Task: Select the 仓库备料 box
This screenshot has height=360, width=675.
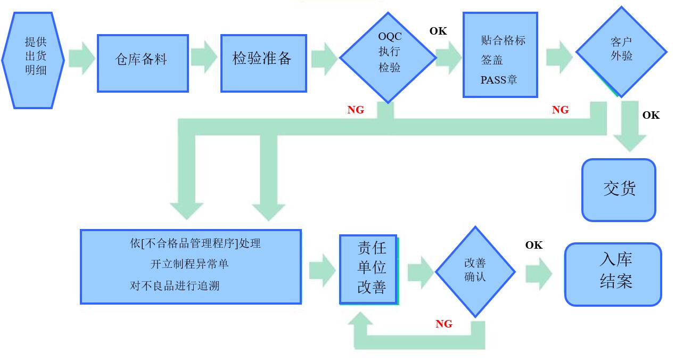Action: [143, 63]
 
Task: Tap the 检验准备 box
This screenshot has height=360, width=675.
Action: [264, 63]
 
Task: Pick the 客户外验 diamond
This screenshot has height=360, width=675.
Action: [621, 51]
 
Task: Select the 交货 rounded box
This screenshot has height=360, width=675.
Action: [619, 190]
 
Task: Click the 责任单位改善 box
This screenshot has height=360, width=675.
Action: [369, 269]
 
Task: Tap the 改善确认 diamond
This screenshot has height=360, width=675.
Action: [475, 271]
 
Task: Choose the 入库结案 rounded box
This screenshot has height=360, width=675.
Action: [613, 274]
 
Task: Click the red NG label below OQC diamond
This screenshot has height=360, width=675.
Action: [356, 110]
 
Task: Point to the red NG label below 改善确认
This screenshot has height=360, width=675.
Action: [443, 324]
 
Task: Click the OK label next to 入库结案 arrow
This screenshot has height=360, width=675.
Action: [533, 245]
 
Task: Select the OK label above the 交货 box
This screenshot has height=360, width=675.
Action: [651, 115]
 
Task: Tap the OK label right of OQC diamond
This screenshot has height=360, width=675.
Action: [438, 31]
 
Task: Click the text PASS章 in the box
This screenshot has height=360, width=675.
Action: [499, 80]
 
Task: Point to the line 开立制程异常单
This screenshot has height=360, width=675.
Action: [190, 264]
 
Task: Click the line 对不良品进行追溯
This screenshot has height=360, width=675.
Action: [175, 285]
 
